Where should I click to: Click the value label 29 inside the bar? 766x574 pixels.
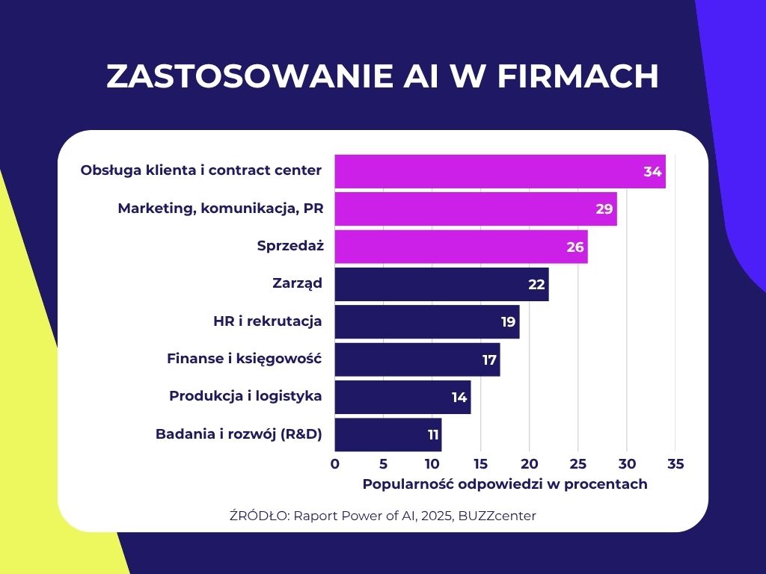[x=604, y=209]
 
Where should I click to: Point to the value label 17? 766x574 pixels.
[x=489, y=360]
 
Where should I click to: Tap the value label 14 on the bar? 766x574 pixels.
[x=459, y=398]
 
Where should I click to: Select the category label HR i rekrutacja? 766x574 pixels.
[x=268, y=321]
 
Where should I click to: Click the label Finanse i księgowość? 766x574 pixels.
[x=244, y=359]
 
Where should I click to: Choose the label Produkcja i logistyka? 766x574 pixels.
[x=245, y=396]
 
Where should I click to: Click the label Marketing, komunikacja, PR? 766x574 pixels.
[x=221, y=209]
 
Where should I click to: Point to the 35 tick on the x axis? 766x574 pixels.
[x=675, y=464]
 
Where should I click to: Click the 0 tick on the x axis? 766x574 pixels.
[x=334, y=464]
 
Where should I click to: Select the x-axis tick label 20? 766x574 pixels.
[x=530, y=464]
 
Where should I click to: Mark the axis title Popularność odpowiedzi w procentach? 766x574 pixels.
[x=505, y=484]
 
